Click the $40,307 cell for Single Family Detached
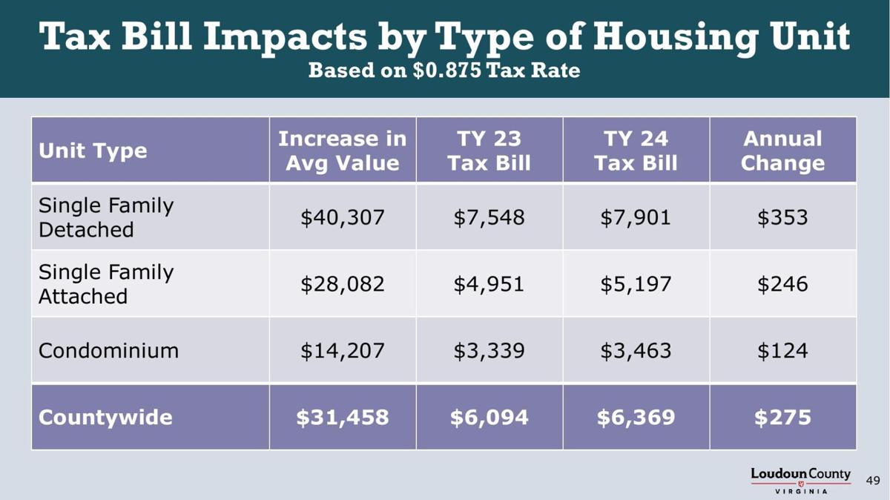pyautogui.click(x=342, y=217)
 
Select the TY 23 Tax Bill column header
pyautogui.click(x=489, y=151)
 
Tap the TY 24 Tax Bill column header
pyautogui.click(x=636, y=151)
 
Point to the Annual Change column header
pyautogui.click(x=782, y=151)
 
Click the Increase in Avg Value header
pyautogui.click(x=342, y=151)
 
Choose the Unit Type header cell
pyautogui.click(x=93, y=151)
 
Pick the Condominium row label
pyautogui.click(x=108, y=350)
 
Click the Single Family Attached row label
pyautogui.click(x=105, y=284)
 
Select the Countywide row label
pyautogui.click(x=105, y=417)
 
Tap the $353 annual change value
pyautogui.click(x=782, y=217)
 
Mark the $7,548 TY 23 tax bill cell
pyautogui.click(x=489, y=217)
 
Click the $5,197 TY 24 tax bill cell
pyautogui.click(x=636, y=284)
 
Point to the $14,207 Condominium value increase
pyautogui.click(x=342, y=350)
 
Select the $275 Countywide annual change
pyautogui.click(x=782, y=417)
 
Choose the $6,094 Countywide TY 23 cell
pyautogui.click(x=489, y=417)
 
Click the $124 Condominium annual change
pyautogui.click(x=782, y=350)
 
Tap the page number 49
pyautogui.click(x=873, y=481)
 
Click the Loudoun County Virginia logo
pyautogui.click(x=800, y=480)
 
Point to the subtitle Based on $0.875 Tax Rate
pyautogui.click(x=444, y=71)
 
